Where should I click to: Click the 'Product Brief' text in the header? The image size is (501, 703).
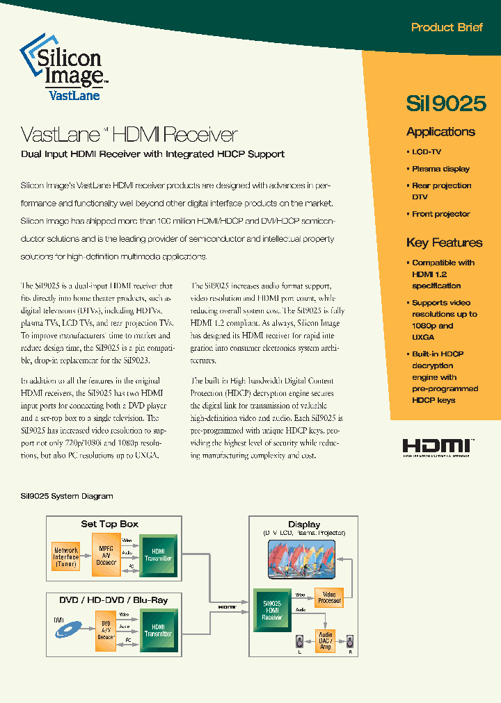(447, 28)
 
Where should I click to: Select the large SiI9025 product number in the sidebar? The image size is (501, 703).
(445, 103)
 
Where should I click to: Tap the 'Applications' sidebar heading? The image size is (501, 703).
(440, 132)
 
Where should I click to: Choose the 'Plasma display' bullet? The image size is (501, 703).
(440, 169)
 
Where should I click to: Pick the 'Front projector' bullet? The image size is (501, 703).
(440, 214)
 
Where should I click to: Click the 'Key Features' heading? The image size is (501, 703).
(444, 242)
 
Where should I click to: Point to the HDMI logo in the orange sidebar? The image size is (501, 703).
(438, 447)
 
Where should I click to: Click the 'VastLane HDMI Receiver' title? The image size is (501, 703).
(129, 134)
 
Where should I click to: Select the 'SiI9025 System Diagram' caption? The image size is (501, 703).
(67, 496)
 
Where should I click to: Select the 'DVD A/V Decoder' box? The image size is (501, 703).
(106, 631)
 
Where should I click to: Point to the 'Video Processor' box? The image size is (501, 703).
(329, 597)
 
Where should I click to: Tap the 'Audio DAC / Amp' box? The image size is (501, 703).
(325, 640)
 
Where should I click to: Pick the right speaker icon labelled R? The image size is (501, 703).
(350, 641)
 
